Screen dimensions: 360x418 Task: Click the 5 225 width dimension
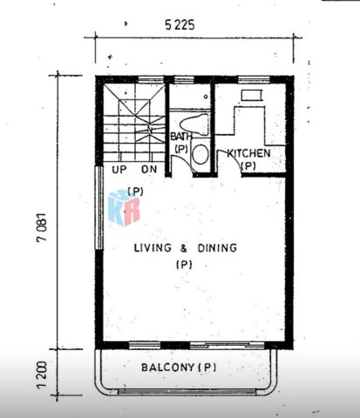coord(180,25)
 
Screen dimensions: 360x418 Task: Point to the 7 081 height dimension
coord(41,227)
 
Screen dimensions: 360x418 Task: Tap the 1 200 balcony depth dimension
coord(42,375)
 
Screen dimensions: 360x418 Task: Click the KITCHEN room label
coord(248,153)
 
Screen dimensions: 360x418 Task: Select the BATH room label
coord(181,136)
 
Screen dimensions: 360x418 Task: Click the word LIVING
coord(153,248)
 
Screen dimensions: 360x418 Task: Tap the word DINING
coord(217,248)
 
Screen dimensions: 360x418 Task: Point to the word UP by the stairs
coord(119,170)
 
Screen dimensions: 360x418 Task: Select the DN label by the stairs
coord(149,169)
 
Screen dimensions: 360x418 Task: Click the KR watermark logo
coord(124,208)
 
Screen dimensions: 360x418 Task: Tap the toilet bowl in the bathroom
coord(194,125)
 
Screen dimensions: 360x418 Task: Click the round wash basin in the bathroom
coord(200,154)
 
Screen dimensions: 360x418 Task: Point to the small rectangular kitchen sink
coord(252,95)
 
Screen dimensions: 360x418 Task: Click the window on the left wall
coord(99,207)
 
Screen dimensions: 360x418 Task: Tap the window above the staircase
coord(150,79)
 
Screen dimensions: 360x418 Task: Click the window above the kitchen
coord(254,79)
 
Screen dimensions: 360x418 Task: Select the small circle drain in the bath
coord(206,97)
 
